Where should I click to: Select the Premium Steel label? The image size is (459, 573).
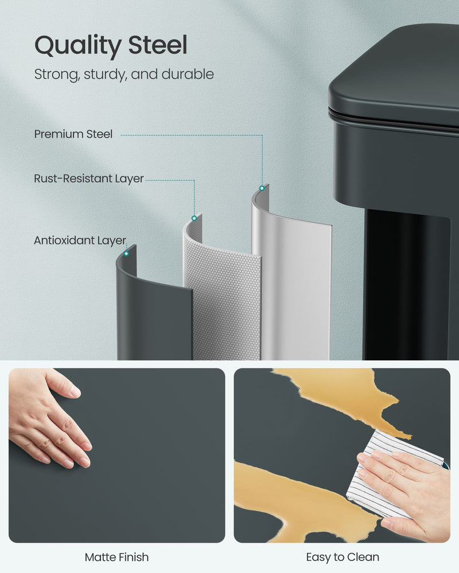73,134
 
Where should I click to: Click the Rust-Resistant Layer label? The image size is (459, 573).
89,179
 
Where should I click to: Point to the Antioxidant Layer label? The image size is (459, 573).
80,241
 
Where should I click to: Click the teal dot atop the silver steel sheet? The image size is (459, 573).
262,188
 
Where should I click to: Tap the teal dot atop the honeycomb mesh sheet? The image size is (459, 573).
195,218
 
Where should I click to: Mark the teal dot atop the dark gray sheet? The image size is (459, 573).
126,253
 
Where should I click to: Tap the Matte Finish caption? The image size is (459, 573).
116,557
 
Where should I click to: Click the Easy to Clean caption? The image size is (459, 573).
343,557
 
